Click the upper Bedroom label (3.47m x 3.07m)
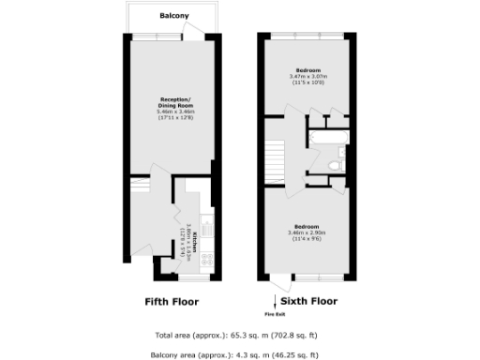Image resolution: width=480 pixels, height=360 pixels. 308,70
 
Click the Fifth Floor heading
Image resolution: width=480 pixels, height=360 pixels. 172,302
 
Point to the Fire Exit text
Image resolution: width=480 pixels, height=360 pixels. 270,315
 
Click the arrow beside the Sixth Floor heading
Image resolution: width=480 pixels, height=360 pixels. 270,301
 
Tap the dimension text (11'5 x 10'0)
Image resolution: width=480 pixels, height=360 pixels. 308,83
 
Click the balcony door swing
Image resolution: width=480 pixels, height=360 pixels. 194,29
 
